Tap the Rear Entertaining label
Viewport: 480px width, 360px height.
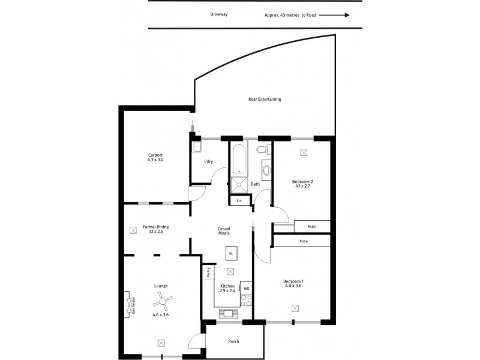tap(265, 99)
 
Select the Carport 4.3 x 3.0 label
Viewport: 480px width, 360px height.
tap(155, 157)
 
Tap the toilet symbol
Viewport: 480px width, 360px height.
tap(262, 150)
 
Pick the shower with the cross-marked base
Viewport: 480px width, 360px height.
tap(239, 185)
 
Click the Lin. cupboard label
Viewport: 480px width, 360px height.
tap(239, 200)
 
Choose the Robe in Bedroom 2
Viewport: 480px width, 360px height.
tap(312, 227)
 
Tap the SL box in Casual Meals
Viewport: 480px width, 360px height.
tap(230, 254)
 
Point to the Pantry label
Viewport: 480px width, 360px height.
tap(208, 272)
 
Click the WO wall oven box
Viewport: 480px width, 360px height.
tap(246, 288)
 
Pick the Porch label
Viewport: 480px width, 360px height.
tap(234, 341)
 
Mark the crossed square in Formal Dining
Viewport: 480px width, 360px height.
tap(133, 229)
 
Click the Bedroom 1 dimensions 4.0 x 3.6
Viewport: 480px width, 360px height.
tap(294, 286)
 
